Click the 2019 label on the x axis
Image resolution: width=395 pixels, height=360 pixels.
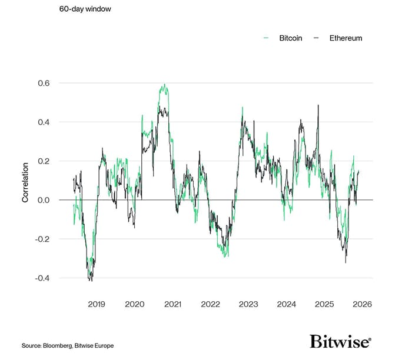(x=97, y=304)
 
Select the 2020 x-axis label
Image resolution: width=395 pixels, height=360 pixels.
(x=134, y=304)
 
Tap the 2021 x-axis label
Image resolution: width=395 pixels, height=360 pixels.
(x=172, y=304)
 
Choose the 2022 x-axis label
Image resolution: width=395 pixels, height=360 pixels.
(x=210, y=304)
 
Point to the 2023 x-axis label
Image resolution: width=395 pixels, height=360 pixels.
(x=248, y=304)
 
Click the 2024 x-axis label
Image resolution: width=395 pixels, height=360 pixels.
(x=286, y=304)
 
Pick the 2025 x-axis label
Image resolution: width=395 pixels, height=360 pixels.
(x=324, y=304)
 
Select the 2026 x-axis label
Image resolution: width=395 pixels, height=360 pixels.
(x=361, y=304)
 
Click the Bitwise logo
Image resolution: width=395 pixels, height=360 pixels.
(x=340, y=342)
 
